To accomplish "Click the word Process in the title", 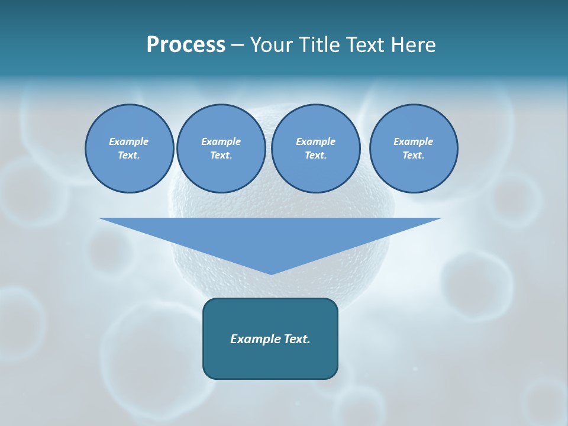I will [186, 45].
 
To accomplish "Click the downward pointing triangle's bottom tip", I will [271, 273].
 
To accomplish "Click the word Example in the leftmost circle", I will [129, 141].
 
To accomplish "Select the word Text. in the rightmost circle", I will [414, 155].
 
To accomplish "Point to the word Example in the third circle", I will [316, 141].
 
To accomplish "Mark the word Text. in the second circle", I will [221, 155].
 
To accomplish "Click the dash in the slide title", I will [237, 45].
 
